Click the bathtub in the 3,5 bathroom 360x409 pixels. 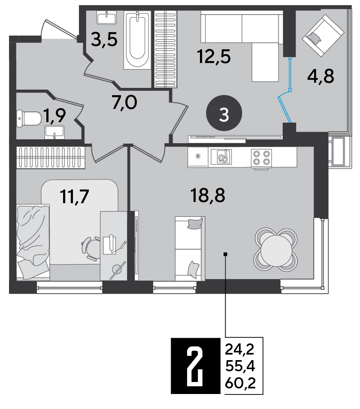coord(137,40)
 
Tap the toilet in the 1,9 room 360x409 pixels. coord(28,119)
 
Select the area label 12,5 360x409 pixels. coord(214,57)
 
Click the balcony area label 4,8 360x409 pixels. coord(321,76)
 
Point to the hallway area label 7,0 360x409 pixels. coord(124,102)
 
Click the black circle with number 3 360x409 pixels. coord(224,113)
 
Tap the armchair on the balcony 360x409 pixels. coord(323,35)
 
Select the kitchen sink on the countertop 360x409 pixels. coord(221,157)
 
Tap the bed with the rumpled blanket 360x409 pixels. coord(33,242)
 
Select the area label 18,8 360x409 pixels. coord(208,195)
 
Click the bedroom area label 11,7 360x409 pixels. coord(74,196)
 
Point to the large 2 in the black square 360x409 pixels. coord(196,366)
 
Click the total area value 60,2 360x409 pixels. coord(240,383)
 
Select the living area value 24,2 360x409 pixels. coord(240,349)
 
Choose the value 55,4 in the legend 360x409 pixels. coord(240,366)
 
